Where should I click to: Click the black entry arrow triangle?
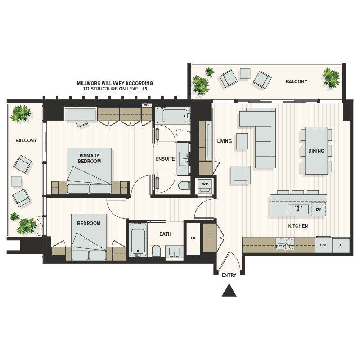coord(229,291)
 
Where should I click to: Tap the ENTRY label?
coord(229,275)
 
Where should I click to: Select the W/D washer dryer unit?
coord(205,186)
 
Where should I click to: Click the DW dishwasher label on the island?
coord(318,210)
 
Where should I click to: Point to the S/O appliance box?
coord(323,245)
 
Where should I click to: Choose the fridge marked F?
coord(341,245)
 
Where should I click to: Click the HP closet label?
coord(193,238)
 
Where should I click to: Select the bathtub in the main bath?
coord(138,240)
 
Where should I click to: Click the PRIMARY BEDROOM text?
coord(89,158)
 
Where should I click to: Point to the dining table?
coord(316,151)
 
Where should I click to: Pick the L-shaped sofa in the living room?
coord(261,135)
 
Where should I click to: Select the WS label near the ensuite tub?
coord(146,105)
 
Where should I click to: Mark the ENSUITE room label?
coord(165,159)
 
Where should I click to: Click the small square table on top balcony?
coord(245,73)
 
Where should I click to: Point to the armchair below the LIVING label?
coord(240,175)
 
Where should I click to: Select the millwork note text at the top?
coord(115,86)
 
